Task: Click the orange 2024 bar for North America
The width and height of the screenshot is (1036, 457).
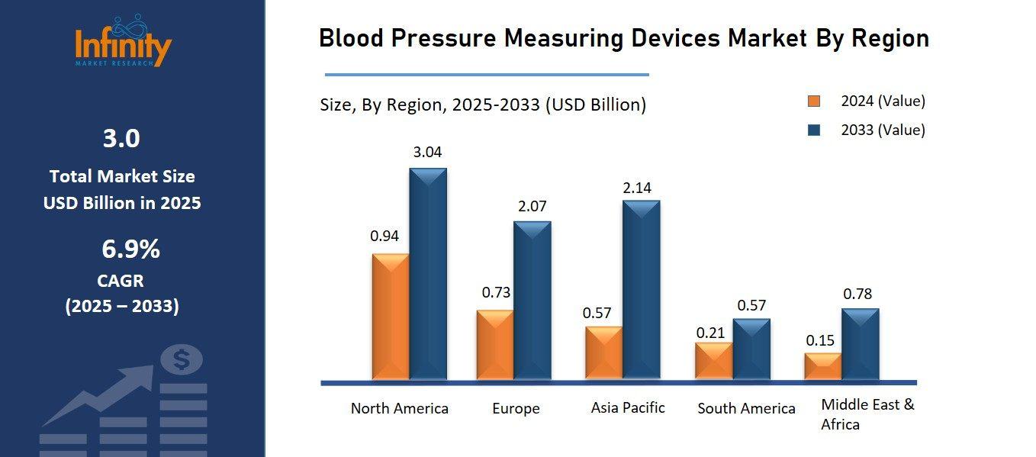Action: tap(391, 317)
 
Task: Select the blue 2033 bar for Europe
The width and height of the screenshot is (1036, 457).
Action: tap(532, 301)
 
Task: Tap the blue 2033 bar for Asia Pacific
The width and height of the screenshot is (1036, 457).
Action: tap(641, 290)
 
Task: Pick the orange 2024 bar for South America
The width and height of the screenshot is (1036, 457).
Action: tap(714, 361)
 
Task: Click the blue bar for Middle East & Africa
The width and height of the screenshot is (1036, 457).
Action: tap(860, 344)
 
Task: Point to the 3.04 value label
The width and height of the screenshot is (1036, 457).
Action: tap(427, 152)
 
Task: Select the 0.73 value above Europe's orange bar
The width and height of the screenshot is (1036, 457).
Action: tap(496, 292)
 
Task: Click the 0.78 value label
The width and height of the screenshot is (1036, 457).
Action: tap(857, 294)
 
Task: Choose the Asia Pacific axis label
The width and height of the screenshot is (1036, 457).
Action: tap(628, 407)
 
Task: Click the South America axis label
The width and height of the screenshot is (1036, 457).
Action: tap(746, 408)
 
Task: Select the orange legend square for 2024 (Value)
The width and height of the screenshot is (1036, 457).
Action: tap(814, 101)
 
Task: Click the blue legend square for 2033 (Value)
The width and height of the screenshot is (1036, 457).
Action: tap(814, 130)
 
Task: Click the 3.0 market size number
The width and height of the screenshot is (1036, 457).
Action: tap(121, 138)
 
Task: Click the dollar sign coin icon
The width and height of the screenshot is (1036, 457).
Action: tap(181, 359)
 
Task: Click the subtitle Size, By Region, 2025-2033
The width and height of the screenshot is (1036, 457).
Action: tap(482, 105)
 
